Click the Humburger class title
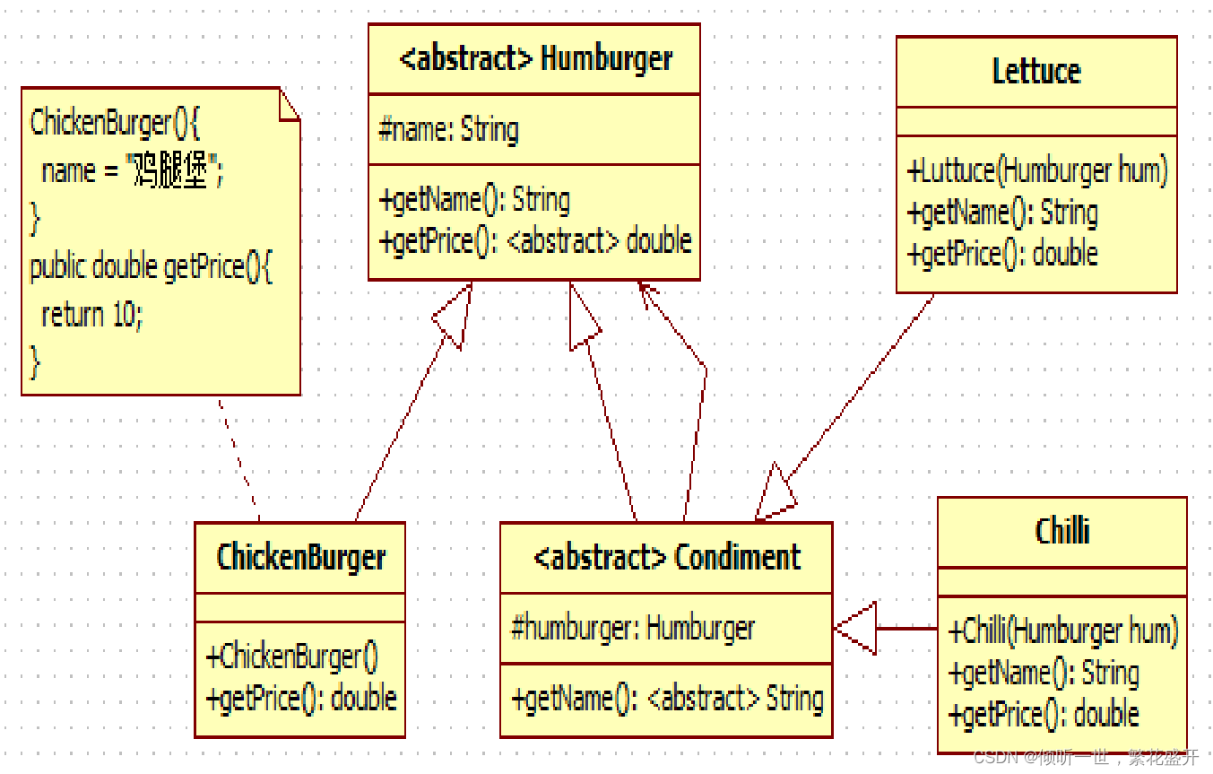point(534,59)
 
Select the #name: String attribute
point(448,130)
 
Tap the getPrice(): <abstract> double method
point(536,241)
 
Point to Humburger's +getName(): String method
point(475,200)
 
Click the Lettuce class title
point(1036,72)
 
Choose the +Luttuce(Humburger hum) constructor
point(1037,170)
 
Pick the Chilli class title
point(1062,531)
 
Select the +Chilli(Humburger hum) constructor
point(1063,631)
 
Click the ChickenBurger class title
point(301,557)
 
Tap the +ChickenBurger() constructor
point(292,657)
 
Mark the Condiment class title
point(666,557)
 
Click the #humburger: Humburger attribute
point(633,628)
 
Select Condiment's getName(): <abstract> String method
point(667,699)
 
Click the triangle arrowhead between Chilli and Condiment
point(856,629)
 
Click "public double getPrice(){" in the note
point(151,267)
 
